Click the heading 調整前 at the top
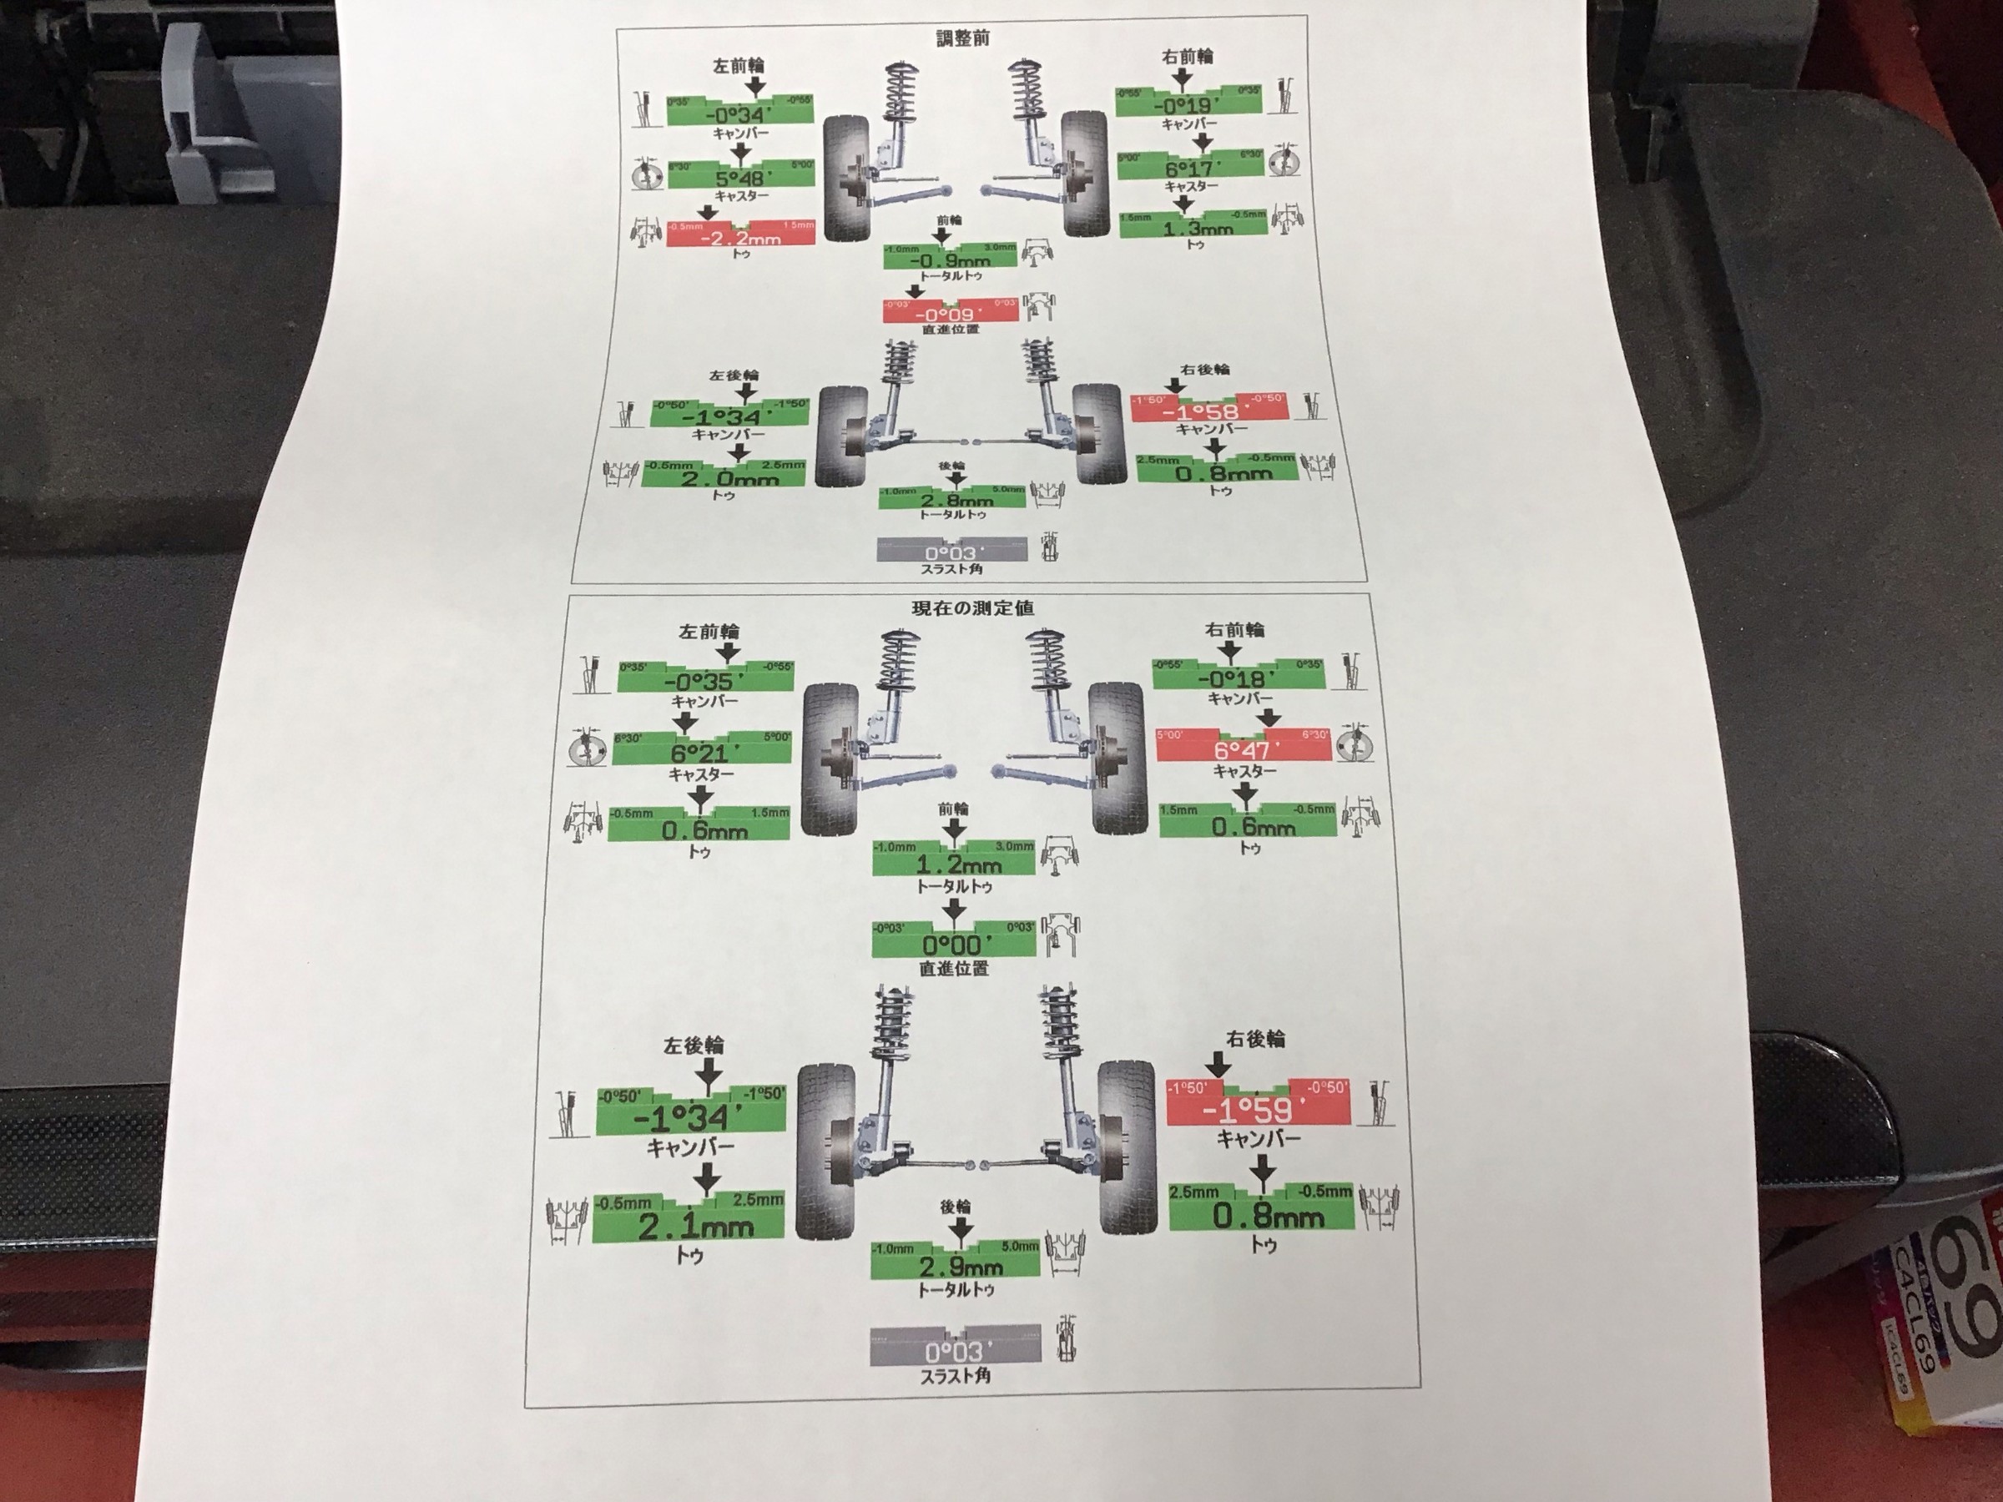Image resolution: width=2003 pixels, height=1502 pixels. pos(961,38)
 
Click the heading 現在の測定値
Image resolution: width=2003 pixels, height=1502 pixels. pos(972,608)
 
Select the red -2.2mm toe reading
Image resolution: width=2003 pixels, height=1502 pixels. pos(741,238)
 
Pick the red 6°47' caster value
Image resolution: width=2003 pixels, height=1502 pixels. pos(1243,750)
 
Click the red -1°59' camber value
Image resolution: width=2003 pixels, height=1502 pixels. pos(1258,1109)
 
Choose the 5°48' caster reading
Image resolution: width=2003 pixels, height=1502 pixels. pos(739,179)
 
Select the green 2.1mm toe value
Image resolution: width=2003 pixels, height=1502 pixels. pos(695,1227)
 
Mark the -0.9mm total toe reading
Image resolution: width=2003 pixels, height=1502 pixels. pos(950,260)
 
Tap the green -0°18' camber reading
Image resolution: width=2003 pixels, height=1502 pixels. pos(1237,678)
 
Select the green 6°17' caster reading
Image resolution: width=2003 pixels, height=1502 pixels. pos(1189,169)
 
